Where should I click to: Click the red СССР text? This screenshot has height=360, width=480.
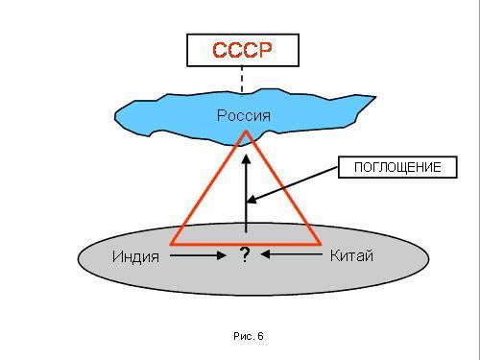[x=242, y=50]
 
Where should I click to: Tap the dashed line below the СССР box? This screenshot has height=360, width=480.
[x=242, y=81]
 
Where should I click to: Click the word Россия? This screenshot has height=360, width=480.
[x=244, y=115]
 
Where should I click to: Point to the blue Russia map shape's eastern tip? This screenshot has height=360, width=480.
[x=375, y=96]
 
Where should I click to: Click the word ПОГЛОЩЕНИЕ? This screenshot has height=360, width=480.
[x=397, y=167]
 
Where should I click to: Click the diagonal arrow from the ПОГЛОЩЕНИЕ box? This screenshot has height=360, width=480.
[x=293, y=184]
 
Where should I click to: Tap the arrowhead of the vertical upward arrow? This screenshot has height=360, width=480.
[x=246, y=159]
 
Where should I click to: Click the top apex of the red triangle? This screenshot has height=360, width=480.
[x=246, y=131]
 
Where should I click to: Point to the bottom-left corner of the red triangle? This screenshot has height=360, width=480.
[x=171, y=244]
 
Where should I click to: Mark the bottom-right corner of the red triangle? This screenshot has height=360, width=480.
[x=320, y=244]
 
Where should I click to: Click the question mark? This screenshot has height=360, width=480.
[x=245, y=255]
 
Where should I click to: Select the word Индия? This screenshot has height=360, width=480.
[x=135, y=256]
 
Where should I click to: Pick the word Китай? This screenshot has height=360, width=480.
[x=351, y=255]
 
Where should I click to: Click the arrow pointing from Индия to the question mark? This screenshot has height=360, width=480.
[x=198, y=255]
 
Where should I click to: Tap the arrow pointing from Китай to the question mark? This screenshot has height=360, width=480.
[x=292, y=254]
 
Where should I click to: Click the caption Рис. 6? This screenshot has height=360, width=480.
[x=249, y=336]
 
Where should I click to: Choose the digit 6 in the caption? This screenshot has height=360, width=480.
[x=261, y=336]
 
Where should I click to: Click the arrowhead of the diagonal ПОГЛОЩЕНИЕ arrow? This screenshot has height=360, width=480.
[x=252, y=200]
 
